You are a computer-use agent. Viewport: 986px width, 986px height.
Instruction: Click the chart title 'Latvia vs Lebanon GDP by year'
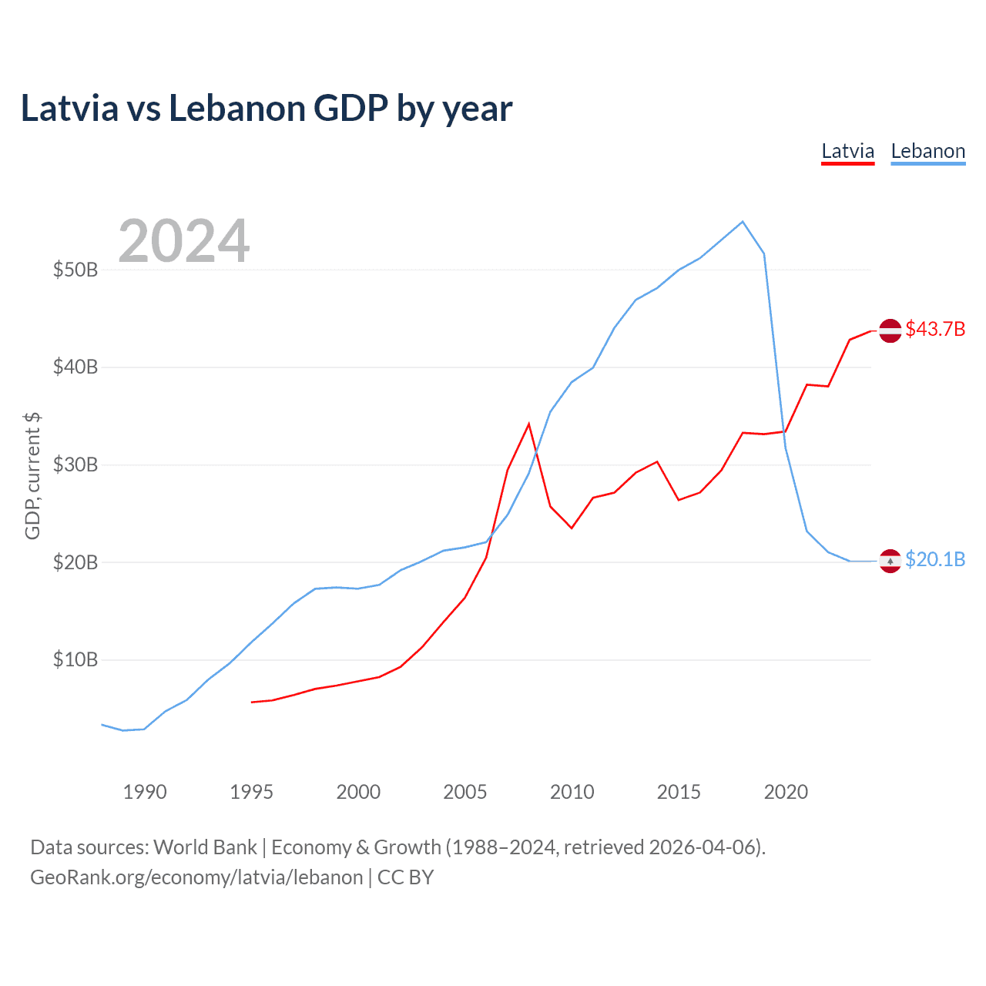[x=267, y=109]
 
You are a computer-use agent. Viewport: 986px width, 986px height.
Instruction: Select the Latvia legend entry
[x=847, y=151]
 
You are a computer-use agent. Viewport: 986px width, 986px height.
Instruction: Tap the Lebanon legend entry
[x=927, y=151]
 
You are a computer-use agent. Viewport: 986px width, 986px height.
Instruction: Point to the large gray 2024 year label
[x=183, y=241]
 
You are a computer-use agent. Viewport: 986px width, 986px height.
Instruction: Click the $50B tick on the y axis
[x=75, y=270]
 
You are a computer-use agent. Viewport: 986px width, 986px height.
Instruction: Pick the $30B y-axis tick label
[x=75, y=464]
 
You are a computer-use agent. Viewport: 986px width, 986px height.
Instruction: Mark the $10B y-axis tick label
[x=75, y=659]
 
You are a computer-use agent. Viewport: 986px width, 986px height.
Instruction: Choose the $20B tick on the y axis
[x=75, y=562]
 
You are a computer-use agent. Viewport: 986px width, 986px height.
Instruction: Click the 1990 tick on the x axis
[x=145, y=792]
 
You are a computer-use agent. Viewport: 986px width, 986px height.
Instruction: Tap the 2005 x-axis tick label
[x=465, y=792]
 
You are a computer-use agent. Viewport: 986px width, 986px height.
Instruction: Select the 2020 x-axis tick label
[x=786, y=792]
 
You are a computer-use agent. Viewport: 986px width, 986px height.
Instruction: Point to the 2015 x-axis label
[x=679, y=792]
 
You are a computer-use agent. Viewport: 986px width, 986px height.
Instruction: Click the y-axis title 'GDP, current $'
[x=32, y=475]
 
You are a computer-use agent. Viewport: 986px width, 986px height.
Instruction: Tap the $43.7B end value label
[x=935, y=329]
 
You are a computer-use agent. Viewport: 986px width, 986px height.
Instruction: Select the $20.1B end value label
[x=935, y=559]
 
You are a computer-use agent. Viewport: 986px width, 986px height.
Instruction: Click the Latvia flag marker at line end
[x=890, y=330]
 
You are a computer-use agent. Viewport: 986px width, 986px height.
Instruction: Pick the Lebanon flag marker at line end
[x=890, y=561]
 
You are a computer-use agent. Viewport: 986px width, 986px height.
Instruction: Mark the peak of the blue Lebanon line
[x=743, y=222]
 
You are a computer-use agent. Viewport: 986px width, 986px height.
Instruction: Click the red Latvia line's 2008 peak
[x=528, y=424]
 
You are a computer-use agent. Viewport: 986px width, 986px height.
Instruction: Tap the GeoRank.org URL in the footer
[x=196, y=877]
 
